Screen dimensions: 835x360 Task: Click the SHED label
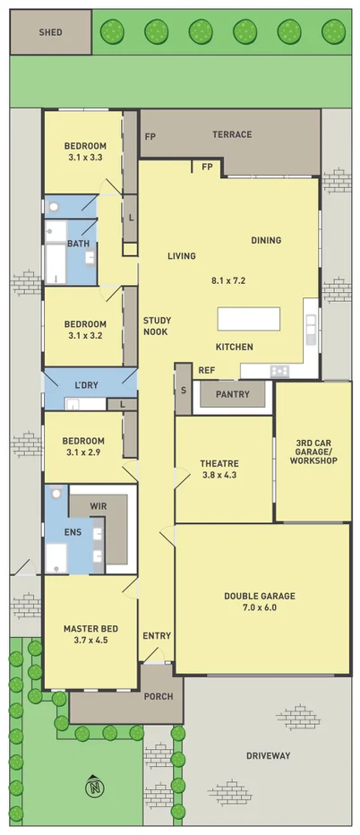coord(50,32)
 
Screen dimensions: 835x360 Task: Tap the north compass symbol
coord(94,788)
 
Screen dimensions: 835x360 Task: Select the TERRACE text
coord(232,135)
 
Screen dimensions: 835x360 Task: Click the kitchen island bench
coord(249,319)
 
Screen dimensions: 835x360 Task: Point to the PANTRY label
coord(233,393)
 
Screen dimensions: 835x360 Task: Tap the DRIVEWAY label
coord(269,756)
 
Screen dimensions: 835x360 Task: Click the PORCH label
coord(158,694)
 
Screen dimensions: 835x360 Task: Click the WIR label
coord(98,506)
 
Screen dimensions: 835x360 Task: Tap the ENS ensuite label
coord(73,532)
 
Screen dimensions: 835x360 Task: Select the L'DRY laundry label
coord(86,385)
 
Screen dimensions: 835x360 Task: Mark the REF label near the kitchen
coord(207,370)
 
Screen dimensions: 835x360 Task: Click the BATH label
coord(77,243)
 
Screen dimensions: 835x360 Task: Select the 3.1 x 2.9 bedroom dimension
coord(84,453)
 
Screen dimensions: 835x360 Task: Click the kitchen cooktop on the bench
coord(279,371)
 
